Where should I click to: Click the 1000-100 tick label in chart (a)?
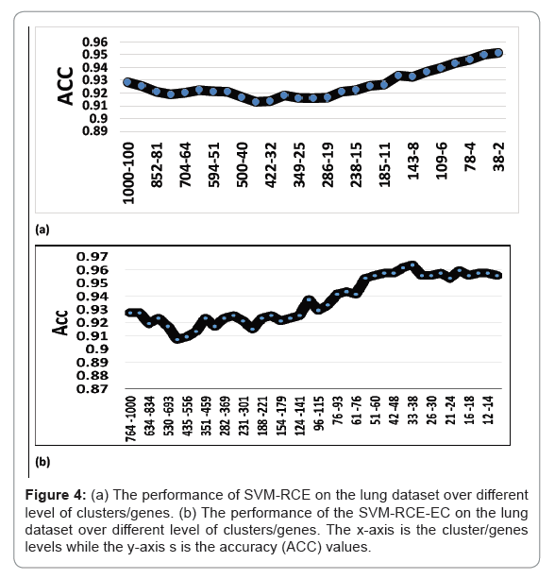point(128,173)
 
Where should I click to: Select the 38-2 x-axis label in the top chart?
point(499,157)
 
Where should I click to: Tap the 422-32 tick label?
point(271,164)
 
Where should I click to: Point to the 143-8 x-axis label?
point(413,161)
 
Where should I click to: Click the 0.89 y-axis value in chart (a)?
point(94,131)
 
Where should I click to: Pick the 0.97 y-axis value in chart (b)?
point(92,256)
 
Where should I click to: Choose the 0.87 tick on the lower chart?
point(92,389)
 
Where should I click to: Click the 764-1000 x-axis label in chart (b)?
point(130,418)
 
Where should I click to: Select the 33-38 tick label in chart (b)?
point(412,410)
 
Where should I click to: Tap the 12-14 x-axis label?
point(488,410)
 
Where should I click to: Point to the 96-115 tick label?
point(319,413)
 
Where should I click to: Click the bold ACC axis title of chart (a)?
point(65,86)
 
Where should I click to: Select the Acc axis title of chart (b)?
point(59,323)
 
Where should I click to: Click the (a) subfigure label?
point(42,230)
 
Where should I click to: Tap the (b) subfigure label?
point(42,462)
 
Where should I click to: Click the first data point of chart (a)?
point(127,82)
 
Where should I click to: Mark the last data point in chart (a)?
point(498,53)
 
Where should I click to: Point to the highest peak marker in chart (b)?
point(412,264)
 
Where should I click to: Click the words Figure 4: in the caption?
point(56,495)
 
